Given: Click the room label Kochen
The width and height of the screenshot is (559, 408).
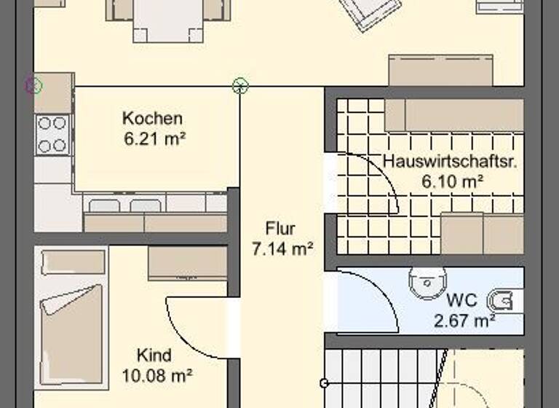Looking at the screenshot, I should [x=152, y=118].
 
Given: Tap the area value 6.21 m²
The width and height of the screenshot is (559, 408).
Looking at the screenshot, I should [x=153, y=136].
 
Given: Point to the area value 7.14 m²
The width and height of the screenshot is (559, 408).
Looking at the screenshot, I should [x=282, y=248].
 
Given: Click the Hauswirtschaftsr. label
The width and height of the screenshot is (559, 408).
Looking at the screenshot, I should [x=450, y=162].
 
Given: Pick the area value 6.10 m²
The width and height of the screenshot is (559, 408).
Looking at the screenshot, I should [x=453, y=181].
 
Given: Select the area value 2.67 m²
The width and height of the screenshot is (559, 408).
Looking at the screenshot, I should [x=464, y=318].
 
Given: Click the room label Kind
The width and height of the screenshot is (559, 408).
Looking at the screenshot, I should [x=154, y=356].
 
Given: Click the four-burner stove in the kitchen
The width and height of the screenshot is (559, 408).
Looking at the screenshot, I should [x=52, y=135].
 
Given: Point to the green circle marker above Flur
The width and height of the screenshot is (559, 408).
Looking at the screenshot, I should [x=240, y=87].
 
